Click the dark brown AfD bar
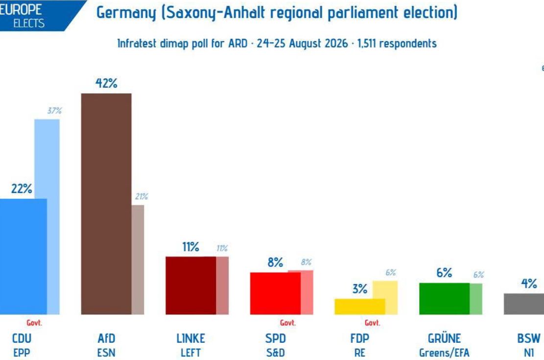[106, 204]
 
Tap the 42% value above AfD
[106, 83]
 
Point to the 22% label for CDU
[22, 189]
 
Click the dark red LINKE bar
[191, 286]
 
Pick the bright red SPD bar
[275, 293]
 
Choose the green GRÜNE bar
[445, 299]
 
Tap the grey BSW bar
[524, 304]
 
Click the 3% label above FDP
[360, 289]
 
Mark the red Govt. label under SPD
[287, 323]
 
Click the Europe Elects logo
[33, 15]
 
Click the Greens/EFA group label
[444, 353]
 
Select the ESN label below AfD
[106, 353]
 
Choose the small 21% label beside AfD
[141, 196]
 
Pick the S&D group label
[276, 353]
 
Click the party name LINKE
[191, 338]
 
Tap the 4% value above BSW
[529, 284]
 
